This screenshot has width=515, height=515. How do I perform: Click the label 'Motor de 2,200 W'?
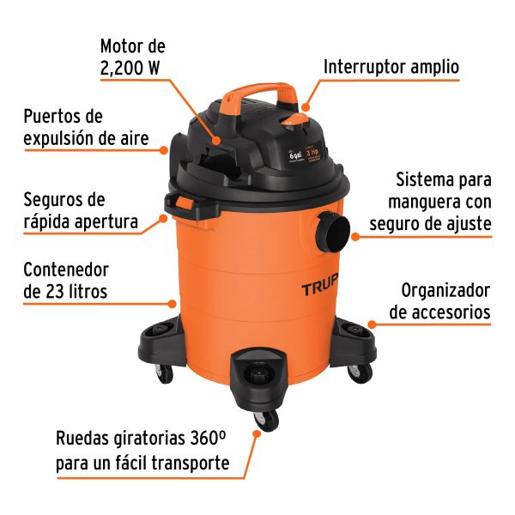pyautogui.click(x=132, y=56)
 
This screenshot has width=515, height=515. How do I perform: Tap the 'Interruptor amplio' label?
pyautogui.click(x=391, y=66)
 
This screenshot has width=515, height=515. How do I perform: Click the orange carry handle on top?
pyautogui.click(x=262, y=91)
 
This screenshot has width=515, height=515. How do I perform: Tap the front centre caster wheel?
pyautogui.click(x=268, y=419)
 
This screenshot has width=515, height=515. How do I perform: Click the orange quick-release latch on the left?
pyautogui.click(x=182, y=203)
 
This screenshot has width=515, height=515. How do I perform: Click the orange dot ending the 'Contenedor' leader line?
pyautogui.click(x=177, y=302)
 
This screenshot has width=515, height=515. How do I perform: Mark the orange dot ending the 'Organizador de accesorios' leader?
pyautogui.click(x=371, y=324)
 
